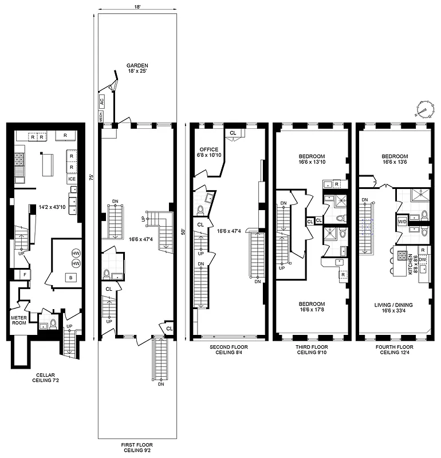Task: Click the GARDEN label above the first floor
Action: click(137, 65)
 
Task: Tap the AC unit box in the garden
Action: click(102, 101)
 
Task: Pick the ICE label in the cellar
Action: click(72, 179)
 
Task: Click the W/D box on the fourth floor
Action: click(403, 222)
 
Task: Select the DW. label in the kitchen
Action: click(422, 261)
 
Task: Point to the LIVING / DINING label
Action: click(395, 305)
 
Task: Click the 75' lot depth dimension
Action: click(92, 178)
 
